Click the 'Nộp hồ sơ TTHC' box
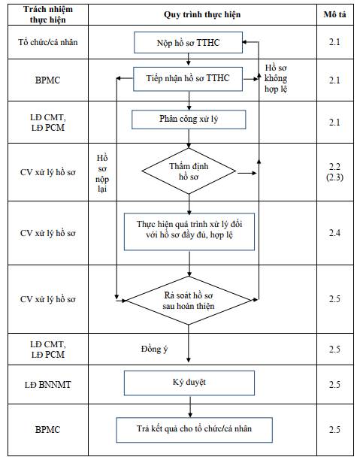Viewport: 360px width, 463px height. tap(188, 43)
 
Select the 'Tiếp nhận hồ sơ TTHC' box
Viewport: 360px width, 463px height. tap(188, 79)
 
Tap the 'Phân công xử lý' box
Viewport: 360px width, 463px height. tap(189, 120)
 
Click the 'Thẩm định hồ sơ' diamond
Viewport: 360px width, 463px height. tap(189, 171)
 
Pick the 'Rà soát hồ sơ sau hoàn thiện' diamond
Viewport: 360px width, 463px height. tap(189, 301)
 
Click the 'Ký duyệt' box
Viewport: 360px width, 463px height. tap(189, 383)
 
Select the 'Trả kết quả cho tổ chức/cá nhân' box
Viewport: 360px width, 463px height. tap(194, 430)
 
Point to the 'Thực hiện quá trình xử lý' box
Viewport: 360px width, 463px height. tap(189, 231)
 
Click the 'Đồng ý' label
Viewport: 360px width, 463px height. tap(155, 349)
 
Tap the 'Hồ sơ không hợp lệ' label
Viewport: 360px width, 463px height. tap(276, 78)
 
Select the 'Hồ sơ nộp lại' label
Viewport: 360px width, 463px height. tap(102, 174)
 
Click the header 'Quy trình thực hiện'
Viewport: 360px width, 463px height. tap(202, 14)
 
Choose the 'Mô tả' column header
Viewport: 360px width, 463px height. tap(334, 14)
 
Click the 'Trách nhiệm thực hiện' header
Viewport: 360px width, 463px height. tap(48, 14)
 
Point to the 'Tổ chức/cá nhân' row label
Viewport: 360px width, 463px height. tap(48, 42)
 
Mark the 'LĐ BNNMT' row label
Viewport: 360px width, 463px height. tap(48, 385)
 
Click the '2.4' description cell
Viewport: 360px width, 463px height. tap(334, 233)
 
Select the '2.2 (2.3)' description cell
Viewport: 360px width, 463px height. tap(334, 172)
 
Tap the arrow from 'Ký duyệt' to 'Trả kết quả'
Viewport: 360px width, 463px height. tap(190, 407)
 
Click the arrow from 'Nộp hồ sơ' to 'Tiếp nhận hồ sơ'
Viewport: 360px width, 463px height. tap(189, 59)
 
